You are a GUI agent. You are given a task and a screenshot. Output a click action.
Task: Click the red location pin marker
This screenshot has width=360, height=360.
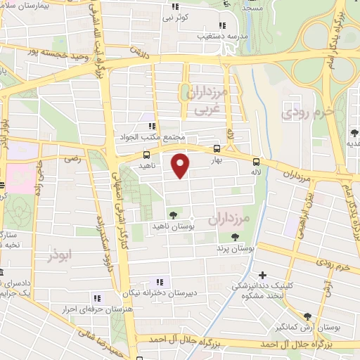click(x=181, y=165)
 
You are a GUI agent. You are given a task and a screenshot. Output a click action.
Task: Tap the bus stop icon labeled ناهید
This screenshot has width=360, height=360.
click(x=147, y=154)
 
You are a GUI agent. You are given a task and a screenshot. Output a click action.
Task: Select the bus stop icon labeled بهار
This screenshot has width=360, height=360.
click(x=217, y=149)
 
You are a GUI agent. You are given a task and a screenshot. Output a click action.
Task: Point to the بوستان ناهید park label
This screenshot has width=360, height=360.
click(x=172, y=226)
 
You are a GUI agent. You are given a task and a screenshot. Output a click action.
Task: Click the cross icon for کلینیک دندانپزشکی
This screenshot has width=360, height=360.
click(x=263, y=275)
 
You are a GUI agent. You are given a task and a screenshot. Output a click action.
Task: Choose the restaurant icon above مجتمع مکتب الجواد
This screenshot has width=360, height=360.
click(x=150, y=127)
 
